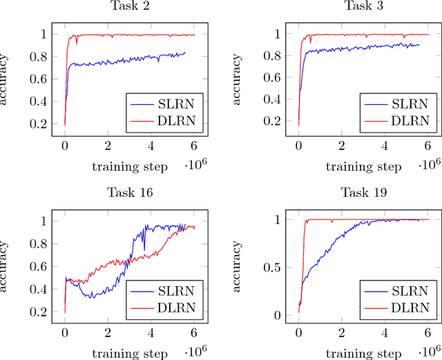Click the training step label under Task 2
(x=130, y=166)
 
